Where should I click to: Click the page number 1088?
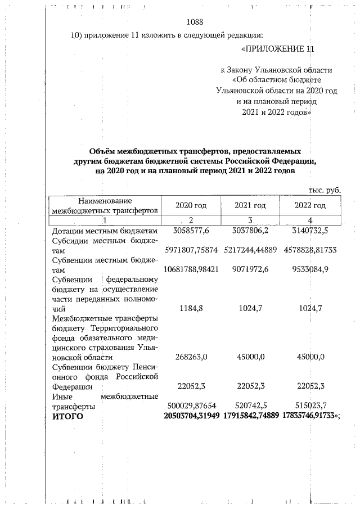click(194, 22)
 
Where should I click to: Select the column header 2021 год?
click(250, 205)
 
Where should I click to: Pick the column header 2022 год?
click(310, 205)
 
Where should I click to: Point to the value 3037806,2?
click(250, 231)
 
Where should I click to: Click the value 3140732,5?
click(310, 231)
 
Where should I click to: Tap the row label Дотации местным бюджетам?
click(101, 231)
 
